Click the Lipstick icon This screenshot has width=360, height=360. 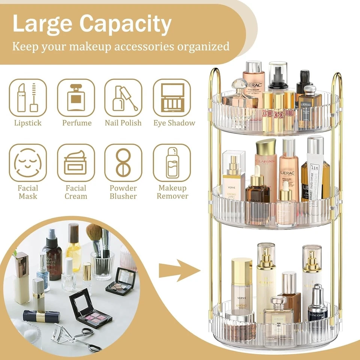point(28,97)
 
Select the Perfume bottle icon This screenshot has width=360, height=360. point(76,97)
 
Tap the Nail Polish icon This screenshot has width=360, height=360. point(123,97)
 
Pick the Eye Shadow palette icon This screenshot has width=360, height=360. point(172,97)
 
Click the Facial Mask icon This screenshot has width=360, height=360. point(28,163)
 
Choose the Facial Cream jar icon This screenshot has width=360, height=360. point(76,163)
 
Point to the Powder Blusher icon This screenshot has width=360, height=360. point(123,163)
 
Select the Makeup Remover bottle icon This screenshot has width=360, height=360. point(172,163)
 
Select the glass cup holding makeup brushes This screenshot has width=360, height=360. point(102,264)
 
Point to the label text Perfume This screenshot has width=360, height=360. point(77,123)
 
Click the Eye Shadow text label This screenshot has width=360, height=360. point(174,123)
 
